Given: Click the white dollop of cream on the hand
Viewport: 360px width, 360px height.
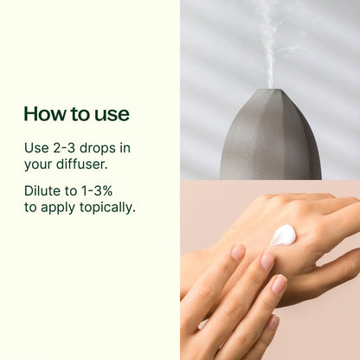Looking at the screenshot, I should coord(283,235).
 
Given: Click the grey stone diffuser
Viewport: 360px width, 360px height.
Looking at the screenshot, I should coord(270,138).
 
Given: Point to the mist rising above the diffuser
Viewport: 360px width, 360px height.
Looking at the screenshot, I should coord(270,43).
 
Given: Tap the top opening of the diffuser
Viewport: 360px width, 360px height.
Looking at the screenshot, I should coord(270,90).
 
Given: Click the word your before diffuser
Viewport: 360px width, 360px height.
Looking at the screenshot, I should coord(40,164).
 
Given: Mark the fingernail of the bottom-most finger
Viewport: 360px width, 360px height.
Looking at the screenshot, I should coord(272,324).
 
